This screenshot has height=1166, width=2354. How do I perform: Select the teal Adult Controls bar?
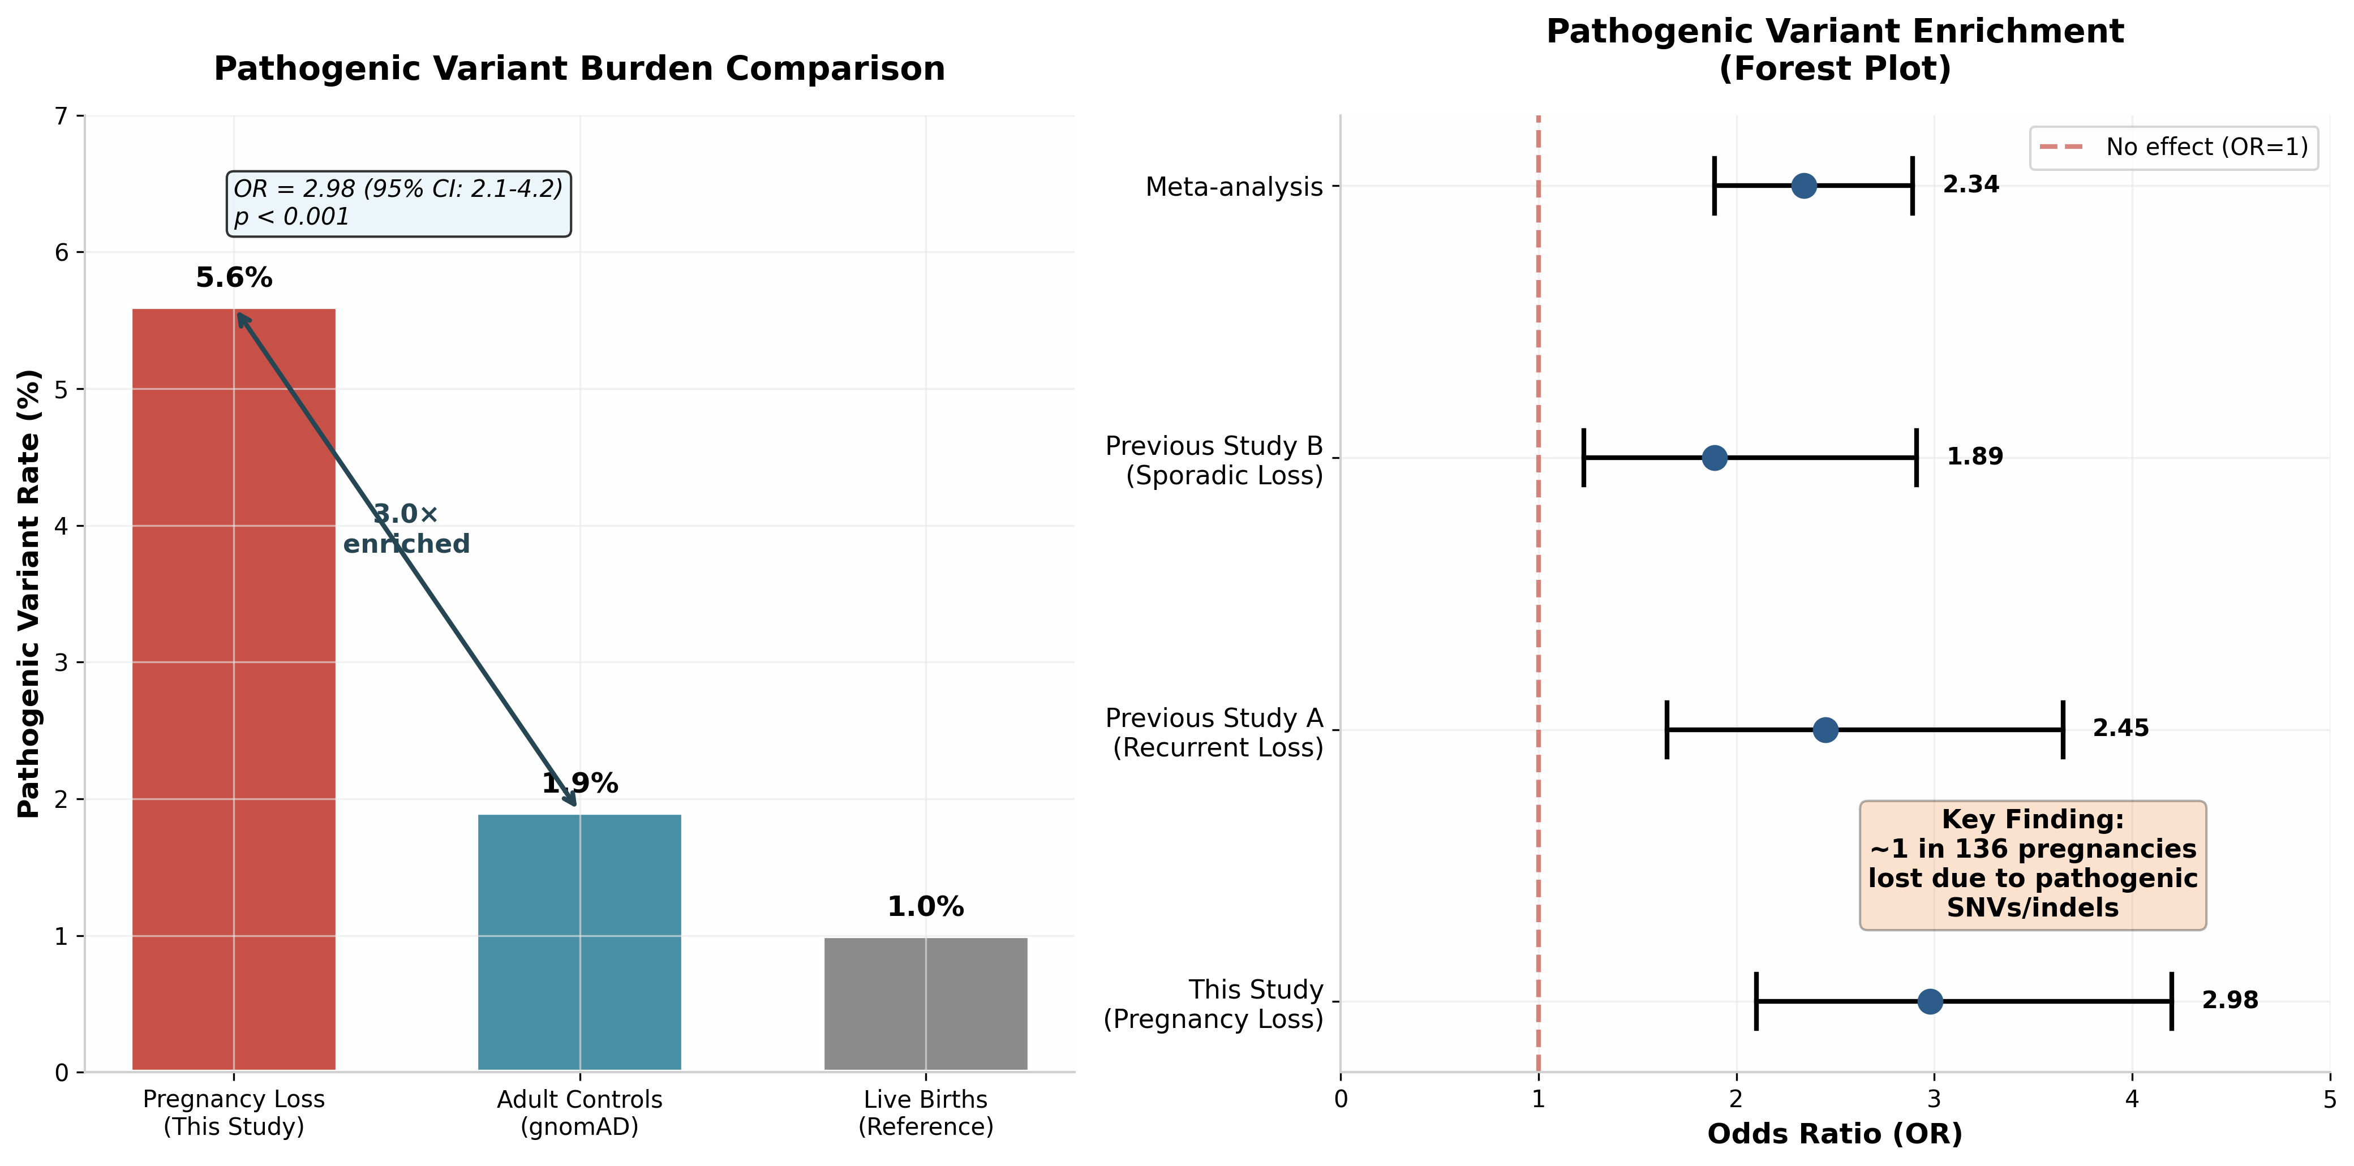pos(579,941)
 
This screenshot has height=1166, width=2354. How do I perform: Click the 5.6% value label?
pos(234,278)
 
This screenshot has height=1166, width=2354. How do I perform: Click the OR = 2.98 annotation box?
pos(398,203)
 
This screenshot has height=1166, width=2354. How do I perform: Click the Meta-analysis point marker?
pos(1803,186)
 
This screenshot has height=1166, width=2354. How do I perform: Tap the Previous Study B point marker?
pos(1715,457)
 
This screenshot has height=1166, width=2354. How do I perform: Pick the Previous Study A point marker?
pos(1825,729)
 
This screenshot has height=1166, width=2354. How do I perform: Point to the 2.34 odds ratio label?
pos(1970,184)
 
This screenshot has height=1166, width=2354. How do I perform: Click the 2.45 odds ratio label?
pos(2120,728)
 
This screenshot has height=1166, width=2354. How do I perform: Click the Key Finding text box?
pos(2033,864)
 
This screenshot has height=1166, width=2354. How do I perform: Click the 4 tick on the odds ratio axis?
pos(2132,1098)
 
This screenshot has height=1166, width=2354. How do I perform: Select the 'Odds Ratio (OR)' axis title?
pos(1834,1134)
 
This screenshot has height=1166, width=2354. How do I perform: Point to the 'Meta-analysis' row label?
pos(1234,187)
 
